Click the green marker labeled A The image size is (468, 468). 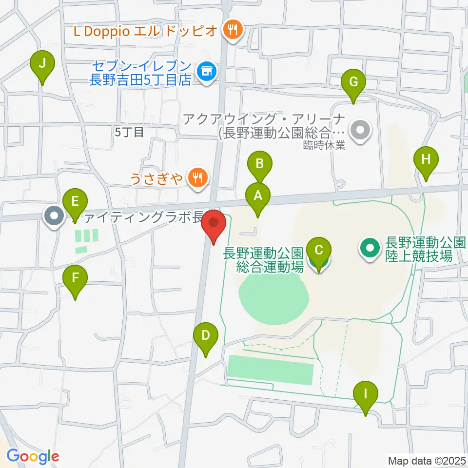pyautogui.click(x=257, y=196)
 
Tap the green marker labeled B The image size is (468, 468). pyautogui.click(x=259, y=164)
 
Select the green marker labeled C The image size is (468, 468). pyautogui.click(x=319, y=252)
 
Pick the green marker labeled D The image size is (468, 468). pyautogui.click(x=205, y=336)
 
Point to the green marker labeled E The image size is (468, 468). pyautogui.click(x=75, y=202)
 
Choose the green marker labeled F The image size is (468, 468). pyautogui.click(x=75, y=279)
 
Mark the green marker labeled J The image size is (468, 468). pyautogui.click(x=42, y=64)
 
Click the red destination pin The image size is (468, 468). pyautogui.click(x=214, y=225)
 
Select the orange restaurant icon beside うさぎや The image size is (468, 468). pyautogui.click(x=197, y=177)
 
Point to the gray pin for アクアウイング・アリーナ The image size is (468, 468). pyautogui.click(x=361, y=130)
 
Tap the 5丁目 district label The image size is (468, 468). pyautogui.click(x=129, y=132)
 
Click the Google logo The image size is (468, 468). pyautogui.click(x=33, y=456)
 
